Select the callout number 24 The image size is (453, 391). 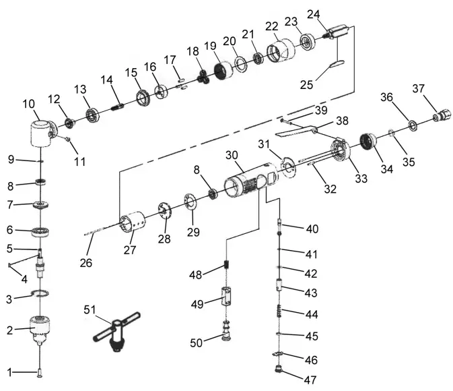(314, 14)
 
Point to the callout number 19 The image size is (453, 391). (211, 46)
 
